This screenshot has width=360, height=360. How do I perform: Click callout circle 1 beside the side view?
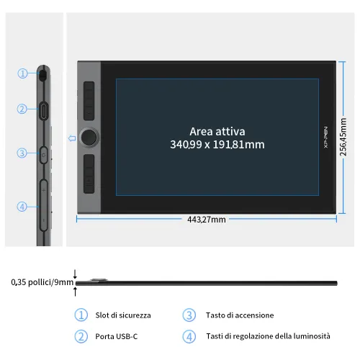click(22, 73)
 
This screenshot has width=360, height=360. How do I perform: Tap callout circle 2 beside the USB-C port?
click(22, 109)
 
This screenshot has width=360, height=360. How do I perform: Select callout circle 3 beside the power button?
click(22, 153)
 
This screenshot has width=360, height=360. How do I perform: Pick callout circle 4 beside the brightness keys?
click(22, 207)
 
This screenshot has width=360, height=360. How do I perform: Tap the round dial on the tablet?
click(90, 137)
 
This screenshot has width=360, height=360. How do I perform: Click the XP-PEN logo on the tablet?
click(325, 137)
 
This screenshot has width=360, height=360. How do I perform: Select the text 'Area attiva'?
click(217, 131)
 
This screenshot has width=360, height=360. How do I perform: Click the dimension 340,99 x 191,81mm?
click(217, 145)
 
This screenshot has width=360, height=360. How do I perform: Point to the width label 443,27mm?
click(207, 220)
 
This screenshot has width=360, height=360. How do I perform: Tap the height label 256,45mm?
click(343, 136)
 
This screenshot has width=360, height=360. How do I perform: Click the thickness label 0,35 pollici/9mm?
click(42, 282)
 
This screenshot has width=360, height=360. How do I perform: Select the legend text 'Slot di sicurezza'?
click(123, 315)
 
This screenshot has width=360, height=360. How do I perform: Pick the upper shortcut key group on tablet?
click(90, 102)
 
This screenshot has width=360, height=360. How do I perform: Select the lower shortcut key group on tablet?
click(90, 174)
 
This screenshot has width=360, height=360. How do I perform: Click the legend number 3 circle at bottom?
click(189, 315)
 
